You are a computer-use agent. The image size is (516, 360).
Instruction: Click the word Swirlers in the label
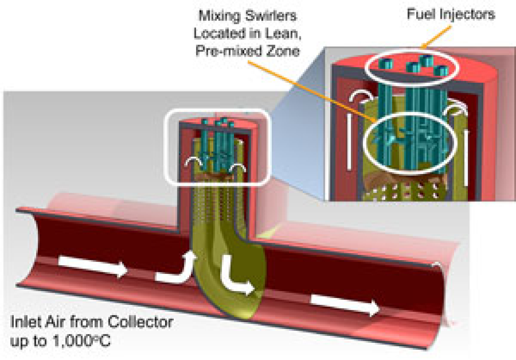271,16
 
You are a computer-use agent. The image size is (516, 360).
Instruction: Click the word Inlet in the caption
24,322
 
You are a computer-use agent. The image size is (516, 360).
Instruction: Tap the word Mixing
219,16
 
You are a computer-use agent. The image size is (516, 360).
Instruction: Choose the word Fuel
421,15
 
